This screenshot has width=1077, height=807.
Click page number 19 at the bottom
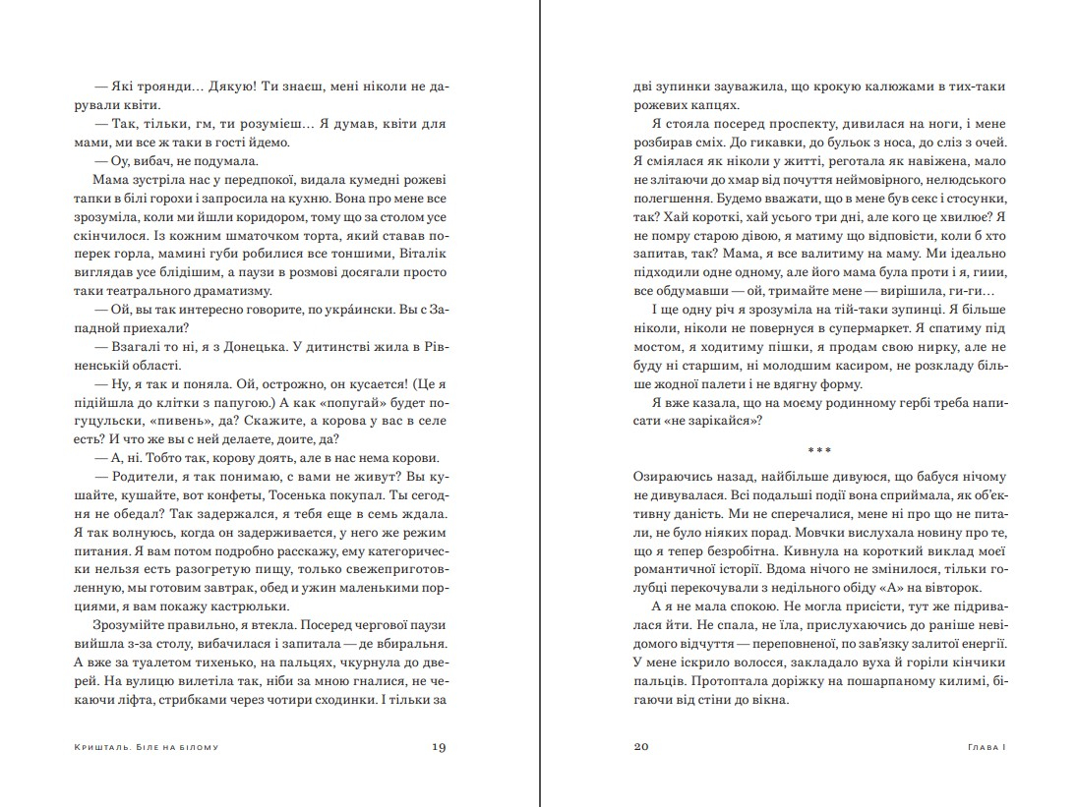(x=440, y=747)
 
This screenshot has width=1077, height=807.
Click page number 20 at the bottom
(x=640, y=747)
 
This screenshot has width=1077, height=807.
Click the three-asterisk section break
(x=819, y=450)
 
